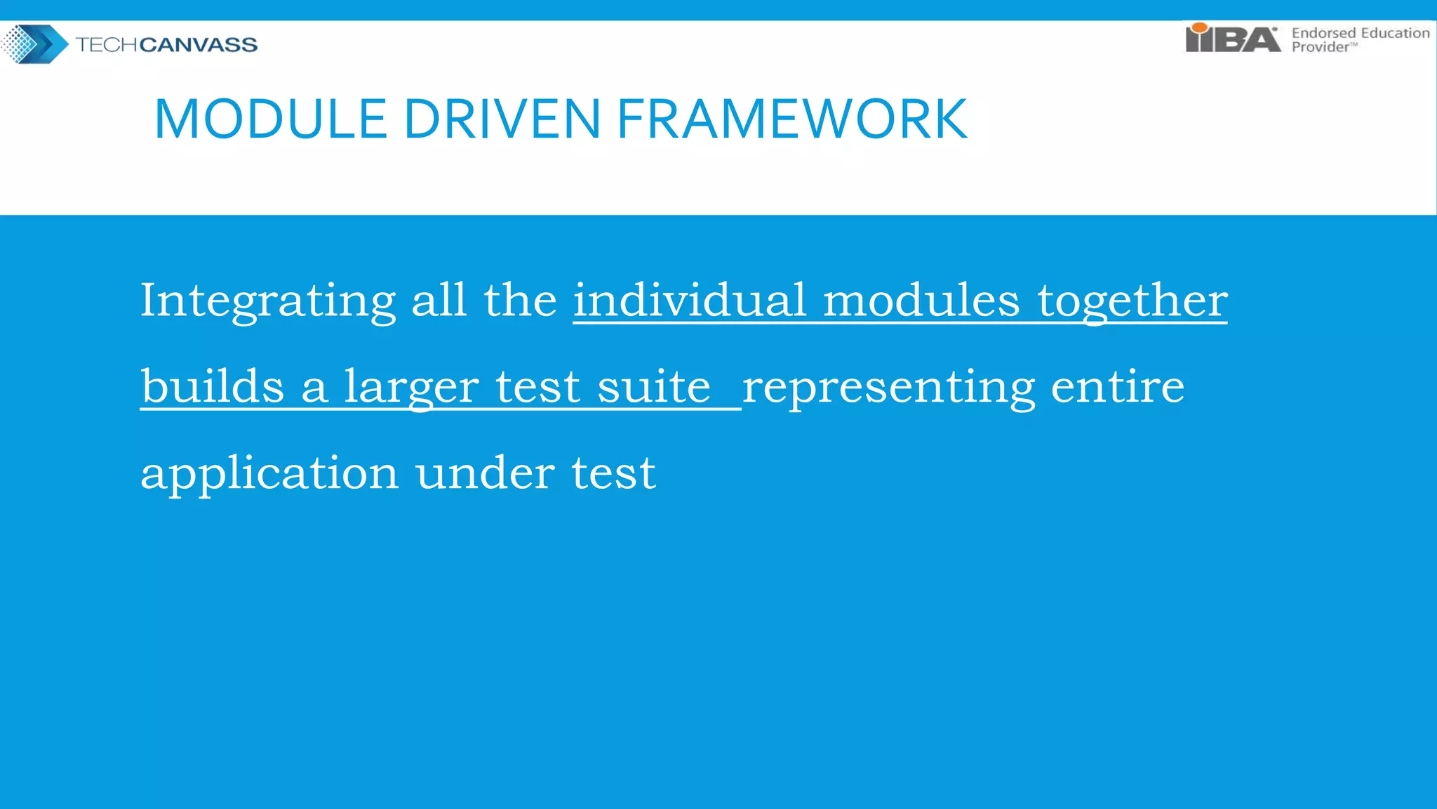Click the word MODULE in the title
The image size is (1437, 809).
[x=271, y=119]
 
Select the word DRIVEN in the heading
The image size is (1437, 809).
[x=502, y=119]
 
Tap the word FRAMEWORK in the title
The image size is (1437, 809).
[x=792, y=119]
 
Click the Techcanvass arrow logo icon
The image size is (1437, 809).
[x=35, y=44]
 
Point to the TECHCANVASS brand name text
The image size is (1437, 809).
[x=166, y=45]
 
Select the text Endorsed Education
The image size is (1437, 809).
[x=1360, y=33]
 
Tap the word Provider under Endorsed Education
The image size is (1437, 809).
[x=1321, y=47]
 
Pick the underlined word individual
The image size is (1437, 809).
[x=690, y=301]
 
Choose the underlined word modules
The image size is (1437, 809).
[x=921, y=301]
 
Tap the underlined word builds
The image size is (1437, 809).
[x=213, y=386]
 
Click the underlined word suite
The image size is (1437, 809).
[x=654, y=386]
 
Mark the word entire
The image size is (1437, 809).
[x=1118, y=386]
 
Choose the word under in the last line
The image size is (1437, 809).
[x=484, y=473]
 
